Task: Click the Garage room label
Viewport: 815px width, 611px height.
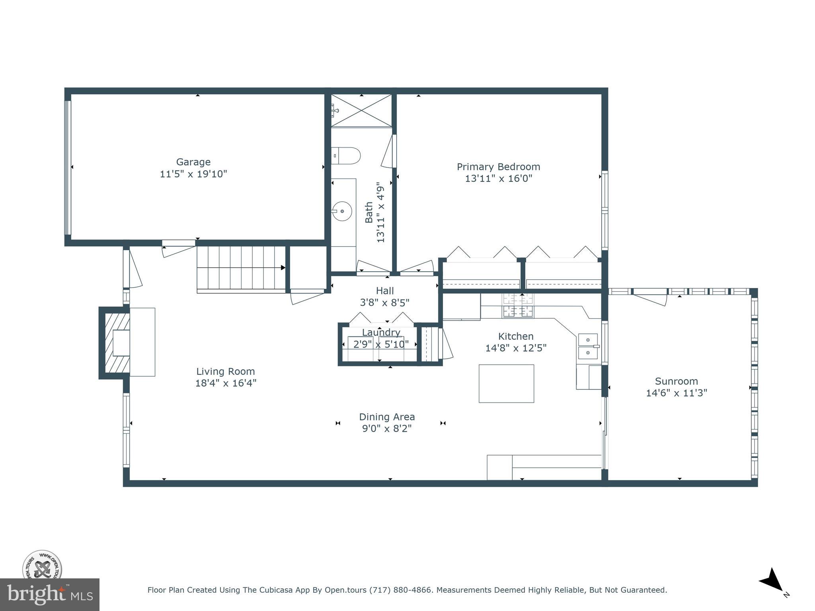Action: click(x=193, y=162)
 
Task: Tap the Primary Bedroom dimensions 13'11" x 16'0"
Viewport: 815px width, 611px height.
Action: click(x=498, y=178)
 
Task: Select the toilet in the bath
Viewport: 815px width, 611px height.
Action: click(x=346, y=156)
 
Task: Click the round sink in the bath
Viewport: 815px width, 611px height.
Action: click(x=342, y=211)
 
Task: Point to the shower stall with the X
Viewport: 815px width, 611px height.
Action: click(x=361, y=111)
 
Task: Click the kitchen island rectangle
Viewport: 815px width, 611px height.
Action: click(x=506, y=383)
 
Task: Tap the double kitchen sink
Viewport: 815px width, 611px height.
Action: click(x=588, y=346)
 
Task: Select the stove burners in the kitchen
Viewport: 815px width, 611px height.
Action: click(x=518, y=305)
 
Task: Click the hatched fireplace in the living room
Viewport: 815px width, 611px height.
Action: click(x=117, y=342)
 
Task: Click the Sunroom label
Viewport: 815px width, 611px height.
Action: click(x=676, y=381)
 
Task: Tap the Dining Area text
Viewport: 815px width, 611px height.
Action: click(x=387, y=417)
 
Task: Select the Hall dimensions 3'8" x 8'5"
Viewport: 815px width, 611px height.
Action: click(x=384, y=303)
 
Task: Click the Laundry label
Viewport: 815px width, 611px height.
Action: click(x=381, y=332)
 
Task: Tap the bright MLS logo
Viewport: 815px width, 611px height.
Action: click(x=50, y=594)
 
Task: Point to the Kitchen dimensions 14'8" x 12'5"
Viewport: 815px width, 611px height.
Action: click(x=516, y=348)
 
